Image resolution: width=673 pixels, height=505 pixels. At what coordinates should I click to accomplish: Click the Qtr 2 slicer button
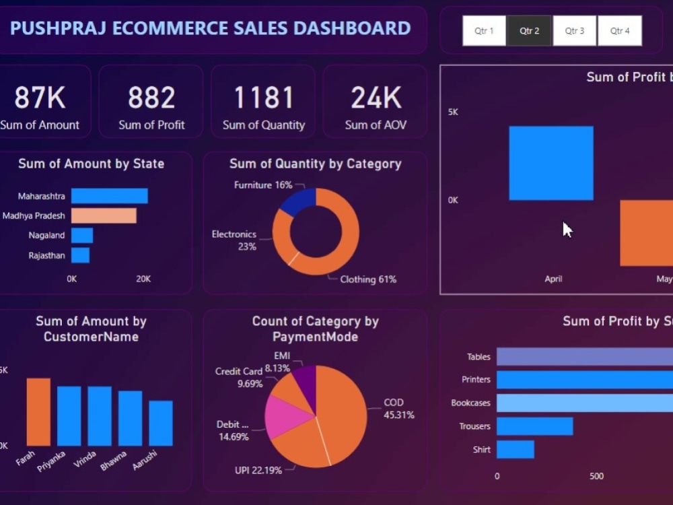pyautogui.click(x=529, y=31)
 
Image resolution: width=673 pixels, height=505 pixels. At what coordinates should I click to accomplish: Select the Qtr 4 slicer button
pyautogui.click(x=619, y=31)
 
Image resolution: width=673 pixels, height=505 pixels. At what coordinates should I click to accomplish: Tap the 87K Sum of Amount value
pyautogui.click(x=40, y=98)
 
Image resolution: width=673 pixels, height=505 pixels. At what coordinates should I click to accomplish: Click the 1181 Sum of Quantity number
pyautogui.click(x=263, y=98)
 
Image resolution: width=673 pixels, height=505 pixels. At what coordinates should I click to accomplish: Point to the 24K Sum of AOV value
pyautogui.click(x=376, y=98)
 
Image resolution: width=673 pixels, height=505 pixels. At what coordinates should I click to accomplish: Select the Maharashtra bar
pyautogui.click(x=109, y=196)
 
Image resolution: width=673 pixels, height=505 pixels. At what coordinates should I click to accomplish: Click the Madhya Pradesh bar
pyautogui.click(x=104, y=215)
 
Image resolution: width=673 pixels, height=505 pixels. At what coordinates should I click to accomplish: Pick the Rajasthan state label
pyautogui.click(x=46, y=255)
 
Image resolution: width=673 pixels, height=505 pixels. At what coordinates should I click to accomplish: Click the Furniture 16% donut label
pyautogui.click(x=263, y=184)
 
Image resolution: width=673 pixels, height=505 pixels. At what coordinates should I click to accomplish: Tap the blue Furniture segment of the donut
pyautogui.click(x=297, y=201)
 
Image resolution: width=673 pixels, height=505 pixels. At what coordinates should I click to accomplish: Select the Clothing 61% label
pyautogui.click(x=367, y=279)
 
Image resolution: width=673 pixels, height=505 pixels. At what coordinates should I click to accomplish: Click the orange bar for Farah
pyautogui.click(x=38, y=411)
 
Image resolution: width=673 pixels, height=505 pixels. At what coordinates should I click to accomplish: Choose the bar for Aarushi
pyautogui.click(x=161, y=423)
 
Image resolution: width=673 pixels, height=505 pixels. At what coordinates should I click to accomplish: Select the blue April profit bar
pyautogui.click(x=551, y=163)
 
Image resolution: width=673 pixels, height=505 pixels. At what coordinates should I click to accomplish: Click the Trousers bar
pyautogui.click(x=534, y=426)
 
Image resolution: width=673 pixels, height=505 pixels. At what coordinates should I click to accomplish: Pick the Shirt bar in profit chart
pyautogui.click(x=515, y=449)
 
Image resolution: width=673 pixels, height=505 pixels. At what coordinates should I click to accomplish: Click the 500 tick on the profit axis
pyautogui.click(x=596, y=476)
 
